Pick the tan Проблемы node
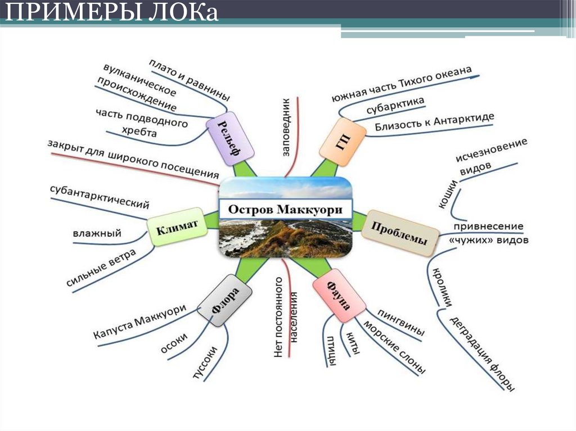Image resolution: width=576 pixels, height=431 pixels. (x=399, y=233)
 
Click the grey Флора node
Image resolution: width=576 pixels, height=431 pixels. (x=224, y=304)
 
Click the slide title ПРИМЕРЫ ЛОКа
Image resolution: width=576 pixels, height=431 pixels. (x=113, y=12)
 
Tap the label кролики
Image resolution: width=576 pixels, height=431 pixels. (x=442, y=287)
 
